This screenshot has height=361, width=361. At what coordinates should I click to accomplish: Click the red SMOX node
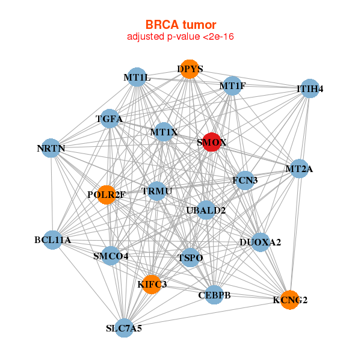211,142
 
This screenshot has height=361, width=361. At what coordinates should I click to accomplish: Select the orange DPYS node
190,69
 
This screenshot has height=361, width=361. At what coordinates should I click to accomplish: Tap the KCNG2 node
290,299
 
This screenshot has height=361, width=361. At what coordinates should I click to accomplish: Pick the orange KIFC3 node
152,283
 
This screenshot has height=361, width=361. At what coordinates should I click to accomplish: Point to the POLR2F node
106,194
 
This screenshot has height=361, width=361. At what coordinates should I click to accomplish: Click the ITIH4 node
309,89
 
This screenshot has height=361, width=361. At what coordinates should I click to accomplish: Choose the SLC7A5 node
124,328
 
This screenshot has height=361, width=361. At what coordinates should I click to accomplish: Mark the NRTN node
51,148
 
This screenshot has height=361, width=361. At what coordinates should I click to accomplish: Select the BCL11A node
53,240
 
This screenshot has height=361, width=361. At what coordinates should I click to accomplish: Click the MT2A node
299,168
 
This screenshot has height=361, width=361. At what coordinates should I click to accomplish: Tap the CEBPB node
214,295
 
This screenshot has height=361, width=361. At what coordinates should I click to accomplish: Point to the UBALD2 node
206,210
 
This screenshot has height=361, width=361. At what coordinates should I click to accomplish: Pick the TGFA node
110,119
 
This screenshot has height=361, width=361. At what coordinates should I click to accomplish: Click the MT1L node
137,78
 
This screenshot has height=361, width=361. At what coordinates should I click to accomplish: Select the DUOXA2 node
260,242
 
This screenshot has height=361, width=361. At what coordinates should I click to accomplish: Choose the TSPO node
190,258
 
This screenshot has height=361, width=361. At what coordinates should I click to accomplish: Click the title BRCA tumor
180,25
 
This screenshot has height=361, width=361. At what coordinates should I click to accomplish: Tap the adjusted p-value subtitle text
180,37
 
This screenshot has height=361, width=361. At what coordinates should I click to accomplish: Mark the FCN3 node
245,180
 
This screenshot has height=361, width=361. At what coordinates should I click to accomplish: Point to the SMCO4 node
111,256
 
